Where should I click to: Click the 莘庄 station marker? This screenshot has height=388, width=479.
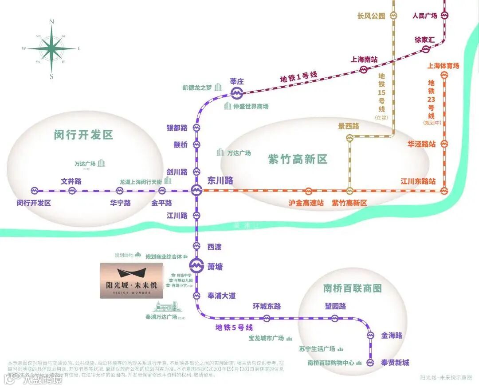pos(237,92)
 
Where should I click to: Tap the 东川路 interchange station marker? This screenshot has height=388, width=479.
pos(196,191)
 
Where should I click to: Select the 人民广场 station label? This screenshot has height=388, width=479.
pos(424,16)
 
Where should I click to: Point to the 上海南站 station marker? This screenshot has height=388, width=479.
pos(364,69)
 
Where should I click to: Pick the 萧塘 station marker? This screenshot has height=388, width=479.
pos(196,267)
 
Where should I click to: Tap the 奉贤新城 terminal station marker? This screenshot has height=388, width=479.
pos(371,363)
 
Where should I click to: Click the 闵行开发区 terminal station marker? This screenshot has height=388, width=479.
pos(35,191)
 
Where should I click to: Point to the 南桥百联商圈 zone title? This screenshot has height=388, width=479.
pos(353,288)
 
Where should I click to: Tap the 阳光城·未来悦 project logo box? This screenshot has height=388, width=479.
pos(132,280)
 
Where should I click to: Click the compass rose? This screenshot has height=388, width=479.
pos(51,48)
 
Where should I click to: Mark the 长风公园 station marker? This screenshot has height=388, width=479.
pos(393,16)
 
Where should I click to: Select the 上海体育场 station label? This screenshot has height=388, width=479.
pos(443,66)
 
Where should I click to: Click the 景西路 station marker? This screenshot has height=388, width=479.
pos(349,138)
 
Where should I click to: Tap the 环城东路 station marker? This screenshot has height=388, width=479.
pos(267,318)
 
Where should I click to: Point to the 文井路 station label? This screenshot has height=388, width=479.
pos(71,181)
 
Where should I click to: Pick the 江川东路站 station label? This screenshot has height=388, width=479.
pos(418,181)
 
